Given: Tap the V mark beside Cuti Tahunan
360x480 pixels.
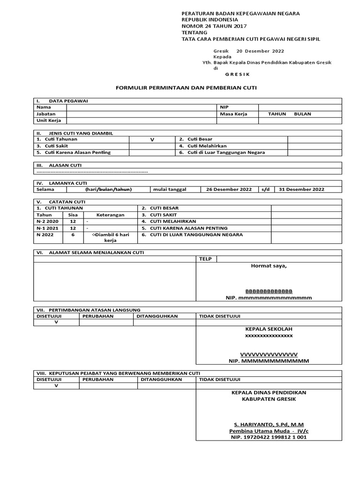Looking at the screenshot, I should point(151,140).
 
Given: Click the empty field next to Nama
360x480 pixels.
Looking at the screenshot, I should point(141,107).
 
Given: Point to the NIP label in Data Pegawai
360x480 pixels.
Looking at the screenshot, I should point(224,107).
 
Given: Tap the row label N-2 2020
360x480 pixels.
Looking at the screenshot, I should point(48,221).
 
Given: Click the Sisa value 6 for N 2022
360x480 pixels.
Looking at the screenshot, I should point(73,234).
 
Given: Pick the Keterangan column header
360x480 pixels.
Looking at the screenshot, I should point(110,215).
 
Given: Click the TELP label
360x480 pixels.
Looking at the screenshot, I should point(205,259).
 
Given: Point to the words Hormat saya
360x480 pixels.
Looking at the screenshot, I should point(269,266).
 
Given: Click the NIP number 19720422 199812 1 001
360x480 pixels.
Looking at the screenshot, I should point(269,437).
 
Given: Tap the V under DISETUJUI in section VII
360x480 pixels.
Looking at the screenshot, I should point(56,322).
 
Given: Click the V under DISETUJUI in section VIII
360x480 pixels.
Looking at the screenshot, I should point(56,386).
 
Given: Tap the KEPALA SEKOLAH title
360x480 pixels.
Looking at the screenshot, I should point(269,329).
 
